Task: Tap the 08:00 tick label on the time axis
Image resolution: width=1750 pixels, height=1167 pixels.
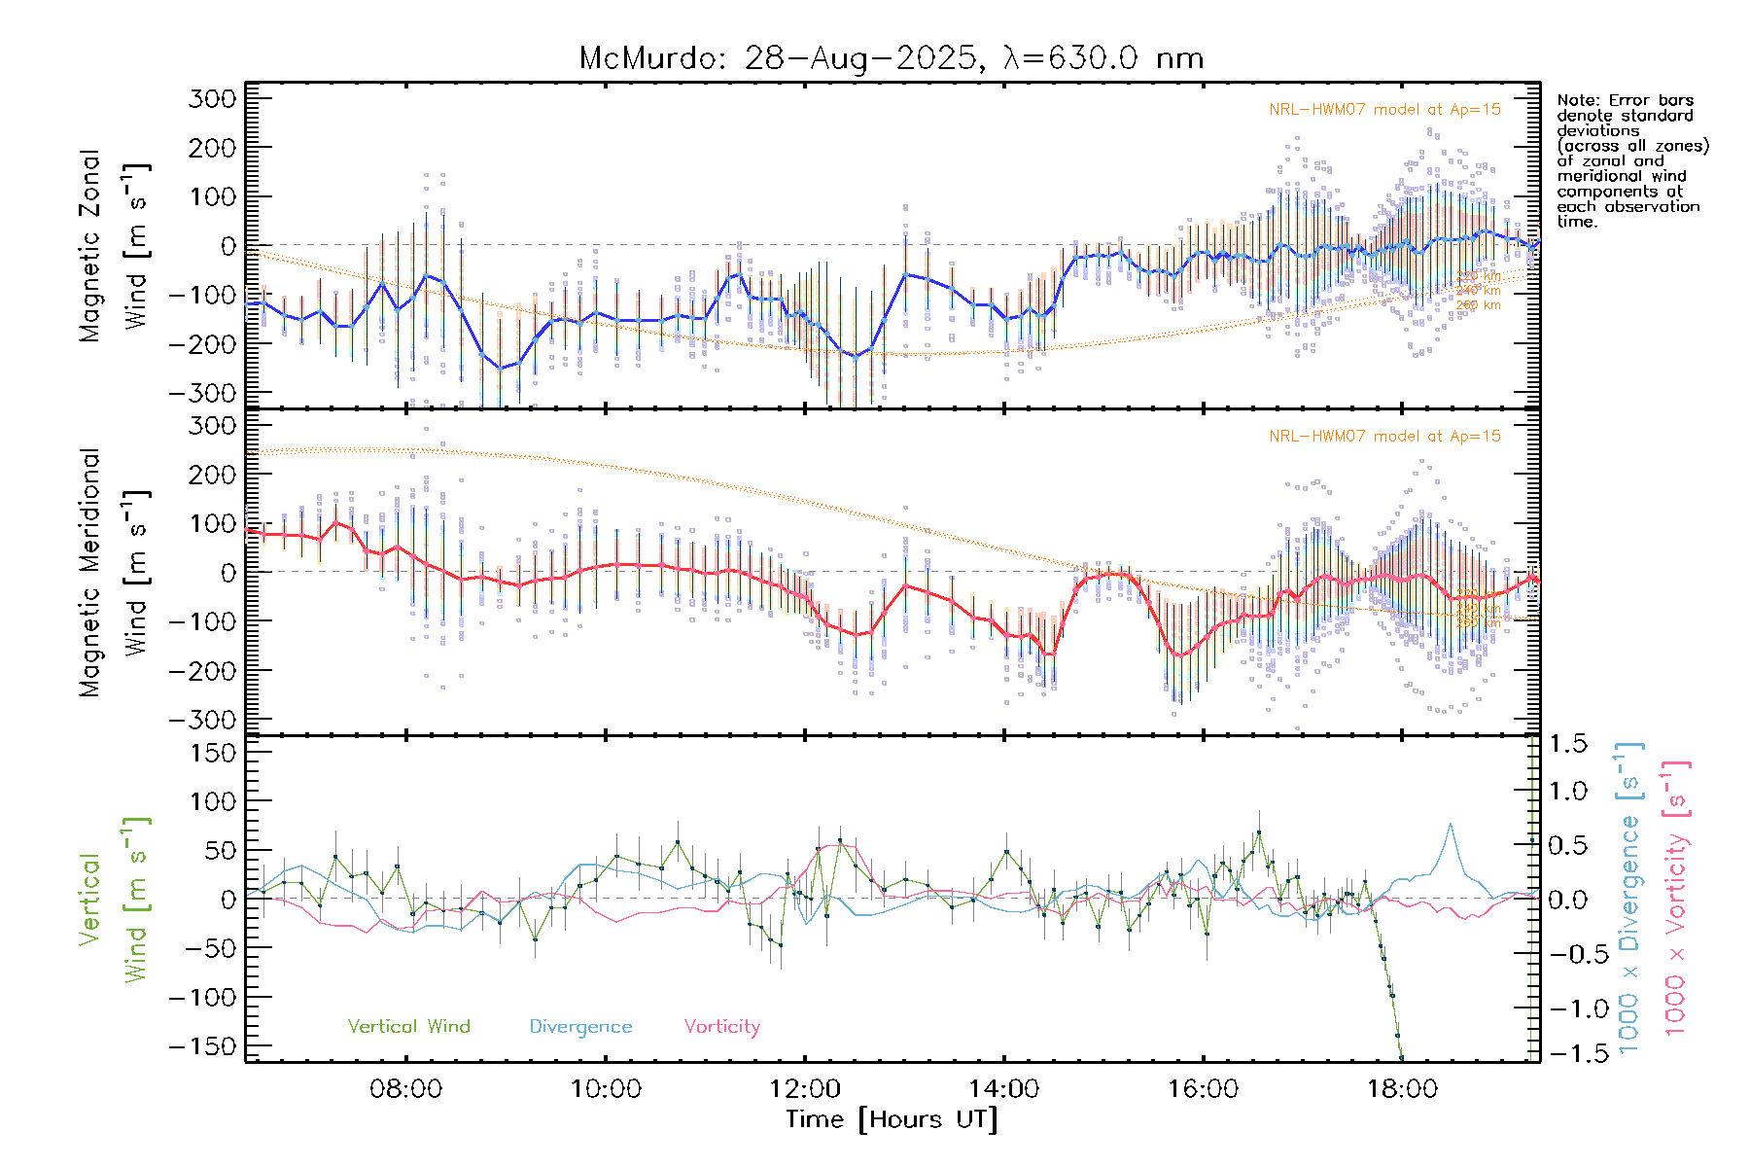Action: [405, 1088]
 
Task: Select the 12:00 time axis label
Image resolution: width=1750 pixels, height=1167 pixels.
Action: [804, 1088]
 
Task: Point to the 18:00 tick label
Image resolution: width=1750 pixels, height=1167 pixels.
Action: [1401, 1088]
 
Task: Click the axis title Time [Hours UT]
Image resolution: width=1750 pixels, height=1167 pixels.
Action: [892, 1119]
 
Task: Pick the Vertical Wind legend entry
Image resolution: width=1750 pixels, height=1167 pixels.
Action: [408, 1026]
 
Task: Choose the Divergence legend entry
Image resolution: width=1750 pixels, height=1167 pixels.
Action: [580, 1026]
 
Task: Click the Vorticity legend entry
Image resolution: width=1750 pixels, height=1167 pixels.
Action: [721, 1026]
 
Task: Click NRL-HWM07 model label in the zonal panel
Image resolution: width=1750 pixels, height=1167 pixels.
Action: [1384, 109]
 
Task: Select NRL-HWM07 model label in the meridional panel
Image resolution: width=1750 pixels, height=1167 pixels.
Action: [1384, 436]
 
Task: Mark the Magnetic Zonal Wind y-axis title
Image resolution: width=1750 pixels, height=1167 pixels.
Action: [114, 245]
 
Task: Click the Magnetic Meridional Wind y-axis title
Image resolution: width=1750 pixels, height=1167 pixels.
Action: [114, 572]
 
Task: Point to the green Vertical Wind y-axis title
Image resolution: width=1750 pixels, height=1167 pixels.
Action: [114, 900]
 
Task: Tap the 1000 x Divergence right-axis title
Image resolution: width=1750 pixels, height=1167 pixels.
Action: [1628, 900]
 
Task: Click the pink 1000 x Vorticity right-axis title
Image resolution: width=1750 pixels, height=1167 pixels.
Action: [1675, 900]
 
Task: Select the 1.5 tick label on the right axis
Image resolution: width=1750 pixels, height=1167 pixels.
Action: [1567, 744]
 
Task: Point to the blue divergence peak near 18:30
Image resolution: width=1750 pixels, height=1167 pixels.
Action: [1450, 825]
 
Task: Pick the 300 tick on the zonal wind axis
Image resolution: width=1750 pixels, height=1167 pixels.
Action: [213, 98]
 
